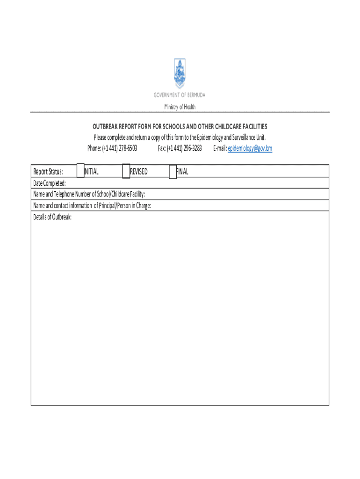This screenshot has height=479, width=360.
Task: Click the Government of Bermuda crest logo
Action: click(180, 73)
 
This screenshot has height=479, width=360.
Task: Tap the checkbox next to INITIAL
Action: click(80, 171)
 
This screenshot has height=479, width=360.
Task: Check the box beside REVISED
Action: click(126, 171)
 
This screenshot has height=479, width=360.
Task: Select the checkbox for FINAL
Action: click(173, 172)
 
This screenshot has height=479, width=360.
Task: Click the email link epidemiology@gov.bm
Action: click(250, 148)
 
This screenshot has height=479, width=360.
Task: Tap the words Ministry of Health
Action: click(180, 107)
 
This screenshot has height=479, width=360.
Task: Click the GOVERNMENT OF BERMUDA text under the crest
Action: click(180, 95)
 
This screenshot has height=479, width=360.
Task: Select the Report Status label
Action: click(48, 172)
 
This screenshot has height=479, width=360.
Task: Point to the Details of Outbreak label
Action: click(52, 217)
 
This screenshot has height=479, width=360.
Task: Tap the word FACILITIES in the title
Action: click(252, 127)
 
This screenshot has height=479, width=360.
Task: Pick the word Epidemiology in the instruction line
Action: click(209, 138)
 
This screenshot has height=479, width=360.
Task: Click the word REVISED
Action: click(139, 172)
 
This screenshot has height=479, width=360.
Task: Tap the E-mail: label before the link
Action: click(220, 148)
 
